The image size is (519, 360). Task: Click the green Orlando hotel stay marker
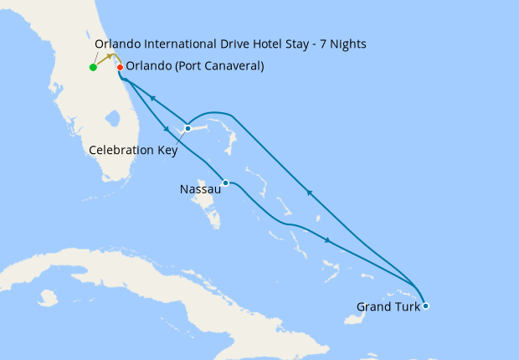(93, 68)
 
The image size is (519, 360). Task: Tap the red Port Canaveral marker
(120, 68)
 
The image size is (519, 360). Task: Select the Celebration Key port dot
(188, 128)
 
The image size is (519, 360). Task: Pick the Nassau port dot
(225, 183)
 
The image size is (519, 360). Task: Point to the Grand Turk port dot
(425, 306)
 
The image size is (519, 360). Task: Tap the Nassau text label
(200, 190)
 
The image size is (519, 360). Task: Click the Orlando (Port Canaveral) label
(194, 67)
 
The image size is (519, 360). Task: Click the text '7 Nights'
(342, 44)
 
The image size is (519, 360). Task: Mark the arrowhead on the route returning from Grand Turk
(309, 193)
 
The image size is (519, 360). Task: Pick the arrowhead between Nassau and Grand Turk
(327, 240)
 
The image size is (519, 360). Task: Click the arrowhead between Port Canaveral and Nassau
(167, 130)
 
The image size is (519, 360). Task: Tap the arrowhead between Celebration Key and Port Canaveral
(153, 98)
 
